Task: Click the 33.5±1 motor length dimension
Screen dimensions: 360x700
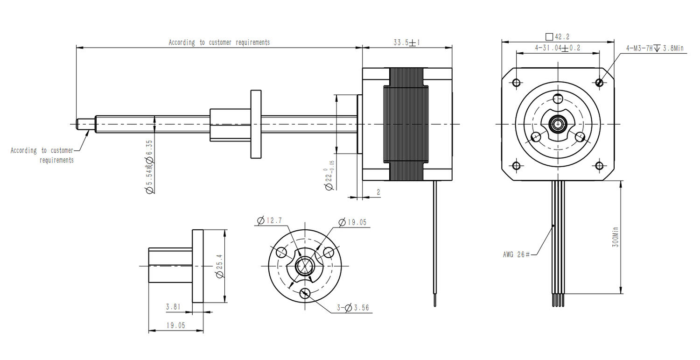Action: pyautogui.click(x=406, y=42)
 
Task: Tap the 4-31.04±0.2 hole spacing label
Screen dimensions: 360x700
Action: pyautogui.click(x=557, y=48)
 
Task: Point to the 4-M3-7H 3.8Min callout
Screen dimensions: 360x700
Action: pyautogui.click(x=655, y=48)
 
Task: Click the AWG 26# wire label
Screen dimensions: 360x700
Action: pyautogui.click(x=516, y=254)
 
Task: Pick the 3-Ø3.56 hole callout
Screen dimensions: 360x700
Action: pyautogui.click(x=353, y=308)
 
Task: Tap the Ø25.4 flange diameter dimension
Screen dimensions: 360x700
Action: pyautogui.click(x=220, y=267)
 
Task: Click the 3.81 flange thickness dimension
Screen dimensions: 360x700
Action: pyautogui.click(x=173, y=307)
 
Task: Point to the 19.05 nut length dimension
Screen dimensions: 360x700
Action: pyautogui.click(x=175, y=325)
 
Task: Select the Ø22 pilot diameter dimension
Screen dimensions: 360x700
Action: pyautogui.click(x=329, y=176)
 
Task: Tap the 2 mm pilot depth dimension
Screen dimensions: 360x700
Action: pyautogui.click(x=378, y=192)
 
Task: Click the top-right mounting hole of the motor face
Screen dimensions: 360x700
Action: pyautogui.click(x=600, y=83)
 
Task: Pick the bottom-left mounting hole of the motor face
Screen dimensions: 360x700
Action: pyautogui.click(x=516, y=166)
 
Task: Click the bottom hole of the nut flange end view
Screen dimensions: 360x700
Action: pyautogui.click(x=306, y=293)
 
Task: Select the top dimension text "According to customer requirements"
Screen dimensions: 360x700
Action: pyautogui.click(x=219, y=42)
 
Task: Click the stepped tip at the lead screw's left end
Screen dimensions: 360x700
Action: pyautogui.click(x=86, y=124)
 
